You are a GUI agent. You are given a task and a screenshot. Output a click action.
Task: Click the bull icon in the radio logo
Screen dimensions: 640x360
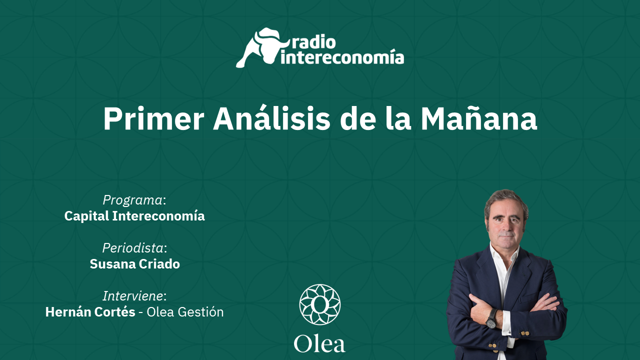coord(261,47)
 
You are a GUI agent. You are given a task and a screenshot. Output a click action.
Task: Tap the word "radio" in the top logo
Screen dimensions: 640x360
coord(313,42)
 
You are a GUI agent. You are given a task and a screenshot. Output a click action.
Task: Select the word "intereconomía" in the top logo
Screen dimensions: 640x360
coord(342,57)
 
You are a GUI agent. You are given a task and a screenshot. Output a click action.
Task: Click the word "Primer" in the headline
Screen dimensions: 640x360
coord(153,119)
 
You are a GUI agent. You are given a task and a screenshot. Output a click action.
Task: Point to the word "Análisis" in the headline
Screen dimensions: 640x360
coord(271,117)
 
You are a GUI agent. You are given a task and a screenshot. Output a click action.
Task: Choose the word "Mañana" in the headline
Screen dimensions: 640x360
coord(478,117)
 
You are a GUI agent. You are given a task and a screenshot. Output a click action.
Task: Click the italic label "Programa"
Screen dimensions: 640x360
coord(133,200)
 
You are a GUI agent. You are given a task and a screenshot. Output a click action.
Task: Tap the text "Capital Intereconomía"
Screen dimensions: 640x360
coord(134,216)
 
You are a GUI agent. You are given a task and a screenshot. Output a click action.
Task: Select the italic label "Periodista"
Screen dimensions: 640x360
coord(133,248)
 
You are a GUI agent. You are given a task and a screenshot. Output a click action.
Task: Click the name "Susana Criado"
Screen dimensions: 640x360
coord(135,264)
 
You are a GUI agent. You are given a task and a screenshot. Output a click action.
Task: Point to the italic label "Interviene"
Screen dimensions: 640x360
coord(133,296)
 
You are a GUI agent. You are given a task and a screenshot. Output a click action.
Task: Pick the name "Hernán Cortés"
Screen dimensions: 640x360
coord(90,312)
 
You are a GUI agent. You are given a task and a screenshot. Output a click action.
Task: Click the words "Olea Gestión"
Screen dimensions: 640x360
coord(185,312)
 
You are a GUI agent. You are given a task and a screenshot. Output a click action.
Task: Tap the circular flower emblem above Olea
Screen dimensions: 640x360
coord(320,304)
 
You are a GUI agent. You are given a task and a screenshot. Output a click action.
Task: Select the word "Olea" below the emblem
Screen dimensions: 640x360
coord(319,344)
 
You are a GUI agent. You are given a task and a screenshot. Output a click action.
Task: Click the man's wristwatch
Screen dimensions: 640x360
coord(491,318)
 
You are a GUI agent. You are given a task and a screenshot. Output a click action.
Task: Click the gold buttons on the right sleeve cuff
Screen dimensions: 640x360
coord(525,333)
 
